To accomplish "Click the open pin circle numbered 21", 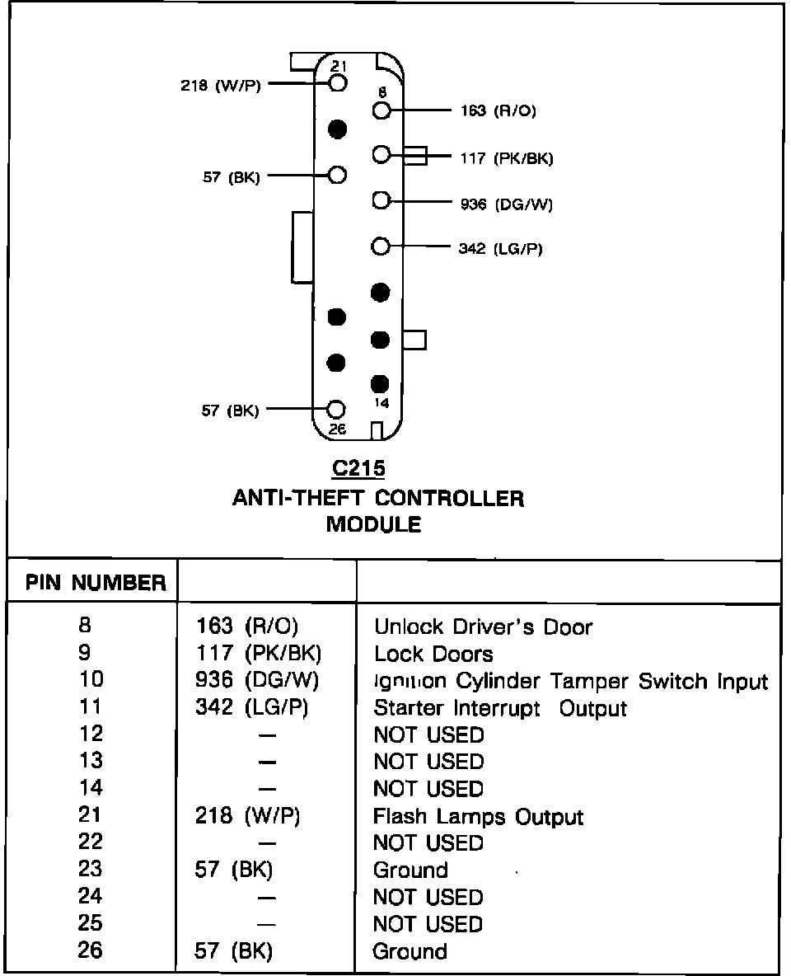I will pyautogui.click(x=337, y=83).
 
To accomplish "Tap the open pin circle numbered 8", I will pyautogui.click(x=381, y=110).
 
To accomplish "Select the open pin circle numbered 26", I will pyautogui.click(x=336, y=409).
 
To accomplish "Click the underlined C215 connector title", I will pyautogui.click(x=358, y=469).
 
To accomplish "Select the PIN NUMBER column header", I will pyautogui.click(x=96, y=584).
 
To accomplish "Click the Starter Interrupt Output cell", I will pyautogui.click(x=499, y=708).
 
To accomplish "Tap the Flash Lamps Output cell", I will pyautogui.click(x=478, y=817).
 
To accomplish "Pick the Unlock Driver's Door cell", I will pyautogui.click(x=483, y=627).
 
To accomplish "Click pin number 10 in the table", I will pyautogui.click(x=91, y=680).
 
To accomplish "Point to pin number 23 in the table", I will pyautogui.click(x=91, y=869).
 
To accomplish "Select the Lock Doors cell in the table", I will pyautogui.click(x=433, y=655).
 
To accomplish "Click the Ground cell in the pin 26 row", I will pyautogui.click(x=410, y=951).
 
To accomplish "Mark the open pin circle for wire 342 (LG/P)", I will pyautogui.click(x=381, y=246).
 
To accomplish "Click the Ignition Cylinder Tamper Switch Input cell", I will pyautogui.click(x=570, y=682).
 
